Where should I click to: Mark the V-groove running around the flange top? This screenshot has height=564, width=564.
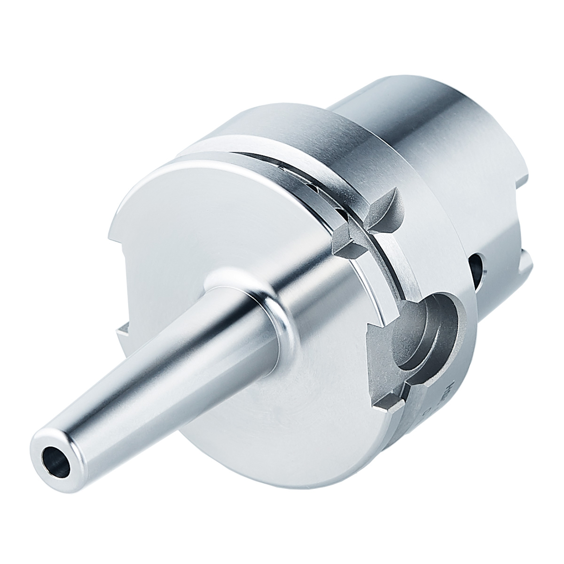282,160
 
